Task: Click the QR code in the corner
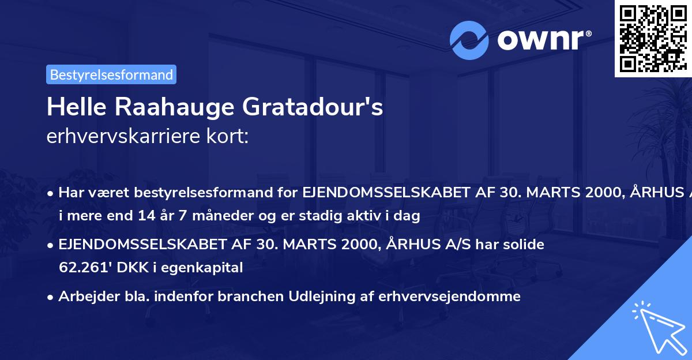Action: pos(653,37)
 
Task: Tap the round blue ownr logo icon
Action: pos(469,40)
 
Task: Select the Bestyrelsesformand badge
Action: pos(111,74)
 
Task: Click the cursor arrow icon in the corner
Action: pos(658,327)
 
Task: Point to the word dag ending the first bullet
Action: pos(408,216)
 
